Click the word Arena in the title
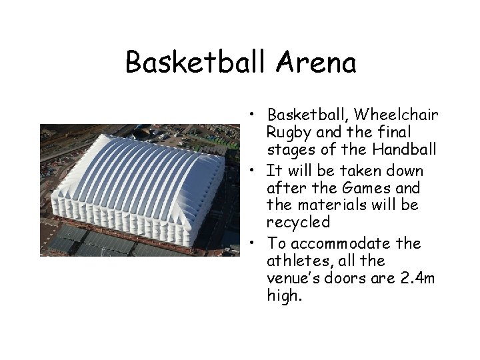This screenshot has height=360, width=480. (x=315, y=63)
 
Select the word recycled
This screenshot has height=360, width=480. (x=298, y=222)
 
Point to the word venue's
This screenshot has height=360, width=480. (x=294, y=277)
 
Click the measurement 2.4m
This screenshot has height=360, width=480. (x=416, y=277)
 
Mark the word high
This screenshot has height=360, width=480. (x=283, y=295)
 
